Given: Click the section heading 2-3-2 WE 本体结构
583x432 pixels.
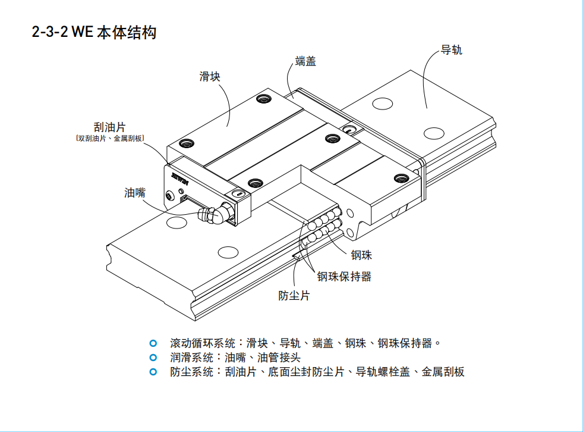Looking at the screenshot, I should [94, 32].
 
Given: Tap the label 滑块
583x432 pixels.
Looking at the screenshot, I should [210, 76].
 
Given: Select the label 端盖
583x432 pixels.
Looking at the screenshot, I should [305, 61].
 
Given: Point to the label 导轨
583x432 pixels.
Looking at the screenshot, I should [452, 50].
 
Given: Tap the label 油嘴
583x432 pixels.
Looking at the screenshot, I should [135, 193].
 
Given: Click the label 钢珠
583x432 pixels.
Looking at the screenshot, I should [361, 255].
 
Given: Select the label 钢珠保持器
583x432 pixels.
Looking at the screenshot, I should [344, 276].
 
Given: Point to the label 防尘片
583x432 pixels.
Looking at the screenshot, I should [294, 295].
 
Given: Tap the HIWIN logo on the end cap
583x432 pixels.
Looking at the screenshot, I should [178, 177].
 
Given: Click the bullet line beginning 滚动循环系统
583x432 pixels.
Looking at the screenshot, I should [306, 343].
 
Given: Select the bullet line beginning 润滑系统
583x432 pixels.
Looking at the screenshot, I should [235, 358].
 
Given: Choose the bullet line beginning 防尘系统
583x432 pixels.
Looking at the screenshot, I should [317, 372].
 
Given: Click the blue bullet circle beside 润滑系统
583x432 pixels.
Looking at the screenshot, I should [153, 358].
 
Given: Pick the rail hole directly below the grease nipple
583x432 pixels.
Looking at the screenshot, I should [228, 252].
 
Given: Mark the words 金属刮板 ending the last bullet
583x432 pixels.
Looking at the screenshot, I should [443, 372].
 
